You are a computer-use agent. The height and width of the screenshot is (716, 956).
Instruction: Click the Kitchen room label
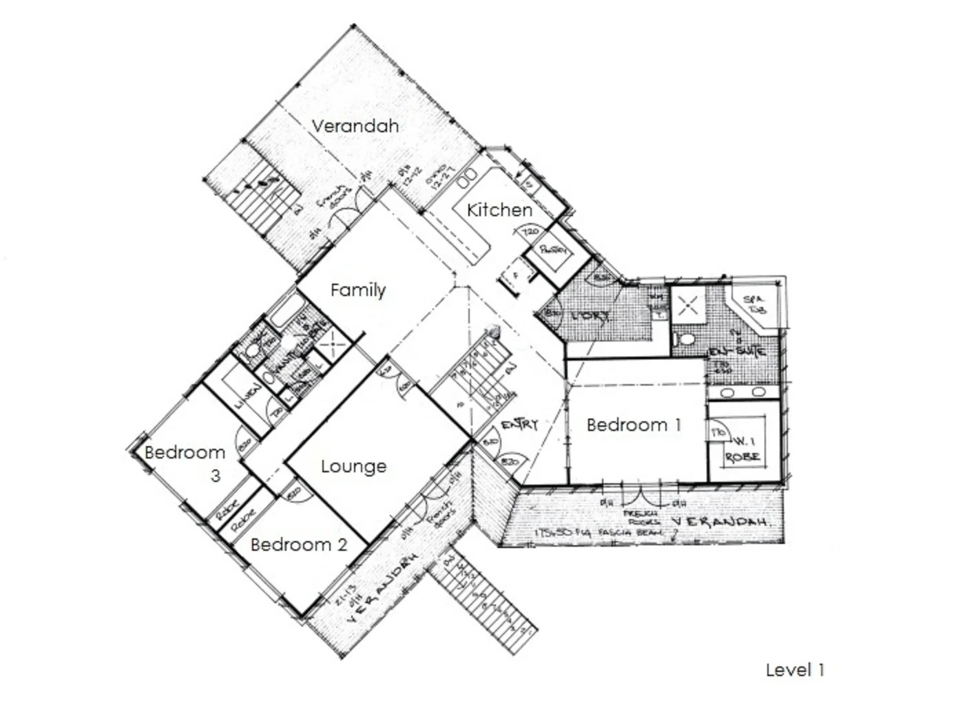pyautogui.click(x=499, y=210)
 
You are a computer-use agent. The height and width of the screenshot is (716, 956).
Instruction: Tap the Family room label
pyautogui.click(x=357, y=290)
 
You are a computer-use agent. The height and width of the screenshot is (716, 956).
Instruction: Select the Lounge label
pyautogui.click(x=353, y=466)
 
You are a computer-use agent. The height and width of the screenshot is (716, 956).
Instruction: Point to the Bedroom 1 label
pyautogui.click(x=634, y=425)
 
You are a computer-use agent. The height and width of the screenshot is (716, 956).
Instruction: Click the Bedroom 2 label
pyautogui.click(x=298, y=545)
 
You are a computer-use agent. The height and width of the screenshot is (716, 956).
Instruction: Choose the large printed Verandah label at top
pyautogui.click(x=355, y=126)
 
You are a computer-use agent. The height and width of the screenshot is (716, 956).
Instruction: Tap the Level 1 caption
pyautogui.click(x=795, y=669)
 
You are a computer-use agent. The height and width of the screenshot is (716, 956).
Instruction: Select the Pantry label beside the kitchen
pyautogui.click(x=554, y=251)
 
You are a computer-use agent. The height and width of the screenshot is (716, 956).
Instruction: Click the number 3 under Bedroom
pyautogui.click(x=215, y=475)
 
